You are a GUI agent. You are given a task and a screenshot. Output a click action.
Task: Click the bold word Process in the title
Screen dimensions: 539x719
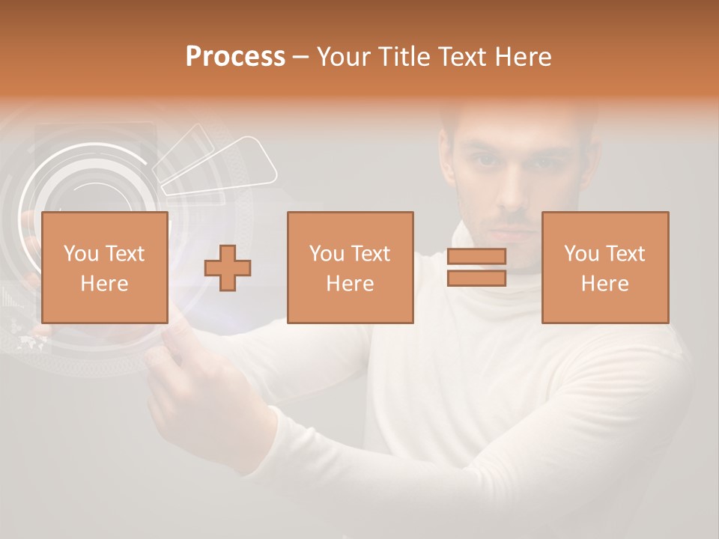coord(235,57)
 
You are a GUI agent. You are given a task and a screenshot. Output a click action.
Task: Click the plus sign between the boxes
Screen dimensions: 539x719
coord(228,268)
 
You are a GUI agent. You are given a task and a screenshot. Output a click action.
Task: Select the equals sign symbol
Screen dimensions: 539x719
coord(476,267)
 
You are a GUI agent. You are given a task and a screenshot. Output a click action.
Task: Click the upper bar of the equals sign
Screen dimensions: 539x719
coord(476,257)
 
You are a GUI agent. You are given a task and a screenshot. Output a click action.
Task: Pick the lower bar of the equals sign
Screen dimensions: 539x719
coord(476,278)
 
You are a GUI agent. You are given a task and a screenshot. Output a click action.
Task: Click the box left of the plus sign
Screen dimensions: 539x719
coord(105,267)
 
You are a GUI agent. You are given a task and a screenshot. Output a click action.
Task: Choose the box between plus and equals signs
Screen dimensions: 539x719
coord(350,267)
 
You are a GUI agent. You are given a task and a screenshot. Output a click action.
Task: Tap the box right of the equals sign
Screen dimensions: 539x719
coord(605,267)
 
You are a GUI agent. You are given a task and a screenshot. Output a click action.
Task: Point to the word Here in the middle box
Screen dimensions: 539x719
coord(350,284)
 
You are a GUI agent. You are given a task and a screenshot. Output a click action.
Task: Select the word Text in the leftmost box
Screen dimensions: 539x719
coord(124,254)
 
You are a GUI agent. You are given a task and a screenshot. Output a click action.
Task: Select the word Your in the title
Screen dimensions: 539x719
coord(345,57)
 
